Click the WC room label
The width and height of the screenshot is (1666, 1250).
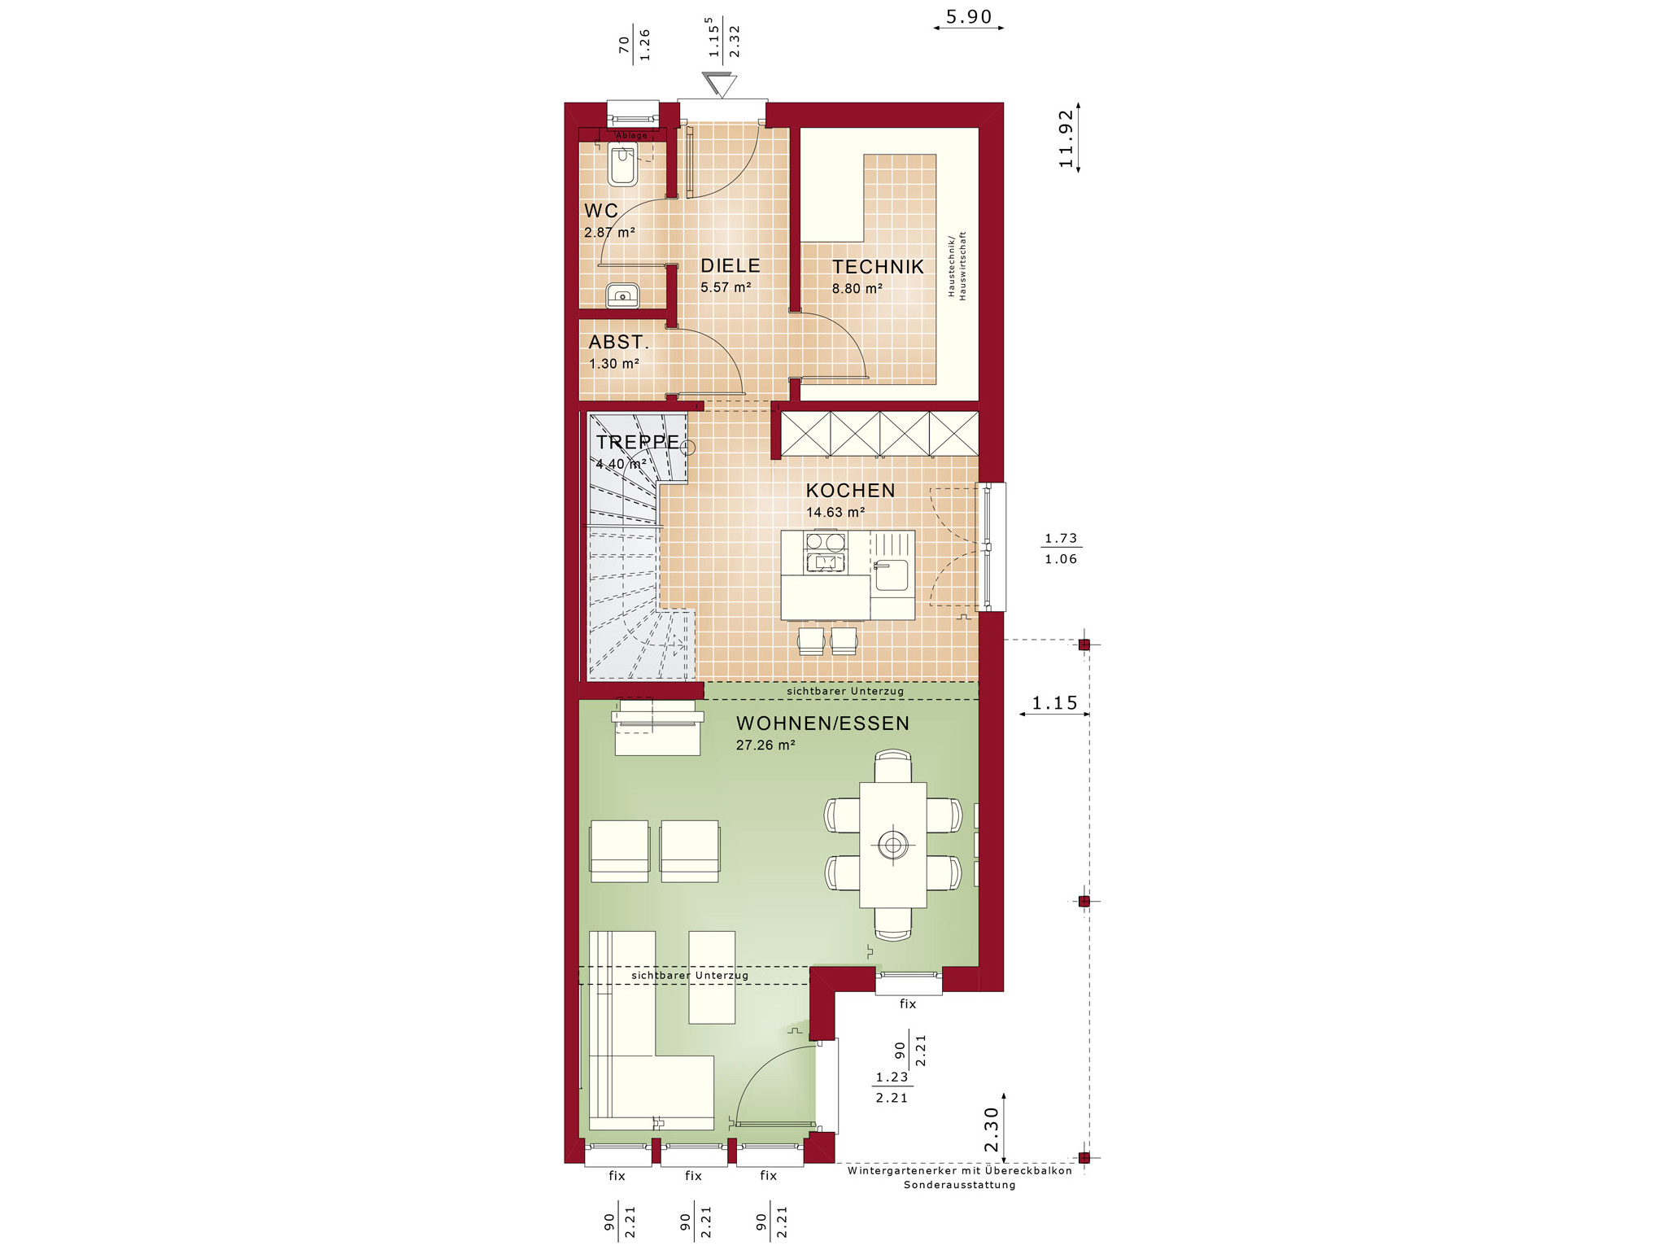click(x=601, y=211)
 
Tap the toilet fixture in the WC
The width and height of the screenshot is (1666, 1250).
click(x=622, y=165)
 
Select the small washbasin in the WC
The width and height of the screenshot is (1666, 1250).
click(x=622, y=295)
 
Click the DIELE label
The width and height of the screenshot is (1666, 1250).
click(x=731, y=266)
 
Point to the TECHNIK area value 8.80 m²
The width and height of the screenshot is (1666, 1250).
click(x=857, y=289)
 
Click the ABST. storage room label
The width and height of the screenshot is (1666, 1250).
click(x=619, y=343)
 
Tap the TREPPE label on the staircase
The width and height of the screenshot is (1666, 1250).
click(x=638, y=442)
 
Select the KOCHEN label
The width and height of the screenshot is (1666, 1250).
click(x=850, y=491)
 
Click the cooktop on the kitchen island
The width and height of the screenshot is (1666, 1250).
click(x=825, y=552)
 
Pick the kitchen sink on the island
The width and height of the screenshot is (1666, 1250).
click(x=892, y=575)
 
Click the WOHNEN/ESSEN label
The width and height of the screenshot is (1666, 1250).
click(x=822, y=723)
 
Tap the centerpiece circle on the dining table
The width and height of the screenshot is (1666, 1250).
click(x=893, y=846)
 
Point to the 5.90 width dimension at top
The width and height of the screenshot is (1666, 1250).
click(x=969, y=17)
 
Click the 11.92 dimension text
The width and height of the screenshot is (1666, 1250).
click(x=1066, y=139)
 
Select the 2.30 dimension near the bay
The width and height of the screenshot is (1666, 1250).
click(x=992, y=1130)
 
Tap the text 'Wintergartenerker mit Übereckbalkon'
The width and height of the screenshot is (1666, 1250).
click(x=960, y=1171)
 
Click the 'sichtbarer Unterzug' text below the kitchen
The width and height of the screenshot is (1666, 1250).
click(x=845, y=691)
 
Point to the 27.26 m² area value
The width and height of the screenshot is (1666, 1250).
click(x=765, y=745)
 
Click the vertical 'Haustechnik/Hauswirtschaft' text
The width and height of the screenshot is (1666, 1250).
click(x=957, y=266)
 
